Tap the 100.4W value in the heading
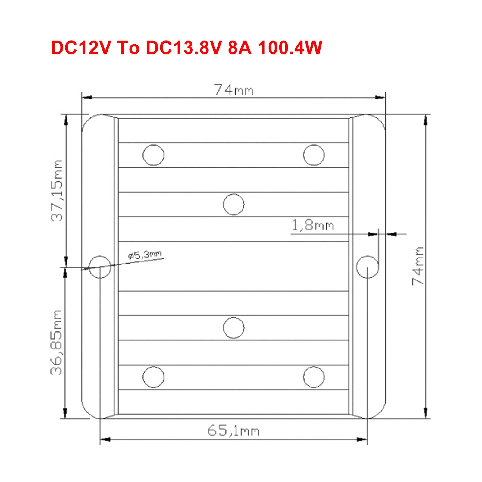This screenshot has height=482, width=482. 290,48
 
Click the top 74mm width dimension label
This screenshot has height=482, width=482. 234,90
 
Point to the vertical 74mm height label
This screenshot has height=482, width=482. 418,266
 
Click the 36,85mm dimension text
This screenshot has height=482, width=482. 57,342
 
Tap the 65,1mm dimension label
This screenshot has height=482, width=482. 233,431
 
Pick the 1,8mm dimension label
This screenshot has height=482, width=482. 313,225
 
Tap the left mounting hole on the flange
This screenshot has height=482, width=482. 100,267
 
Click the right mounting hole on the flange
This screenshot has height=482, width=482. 367,267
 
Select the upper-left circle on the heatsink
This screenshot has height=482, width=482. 153,155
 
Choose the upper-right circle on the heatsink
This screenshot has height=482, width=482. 314,155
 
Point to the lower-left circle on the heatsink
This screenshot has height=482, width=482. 153,377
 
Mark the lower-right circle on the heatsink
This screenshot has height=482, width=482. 314,377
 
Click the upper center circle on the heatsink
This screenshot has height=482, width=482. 233,204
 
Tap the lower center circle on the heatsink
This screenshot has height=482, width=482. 233,328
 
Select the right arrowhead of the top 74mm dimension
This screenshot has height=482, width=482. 380,97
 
